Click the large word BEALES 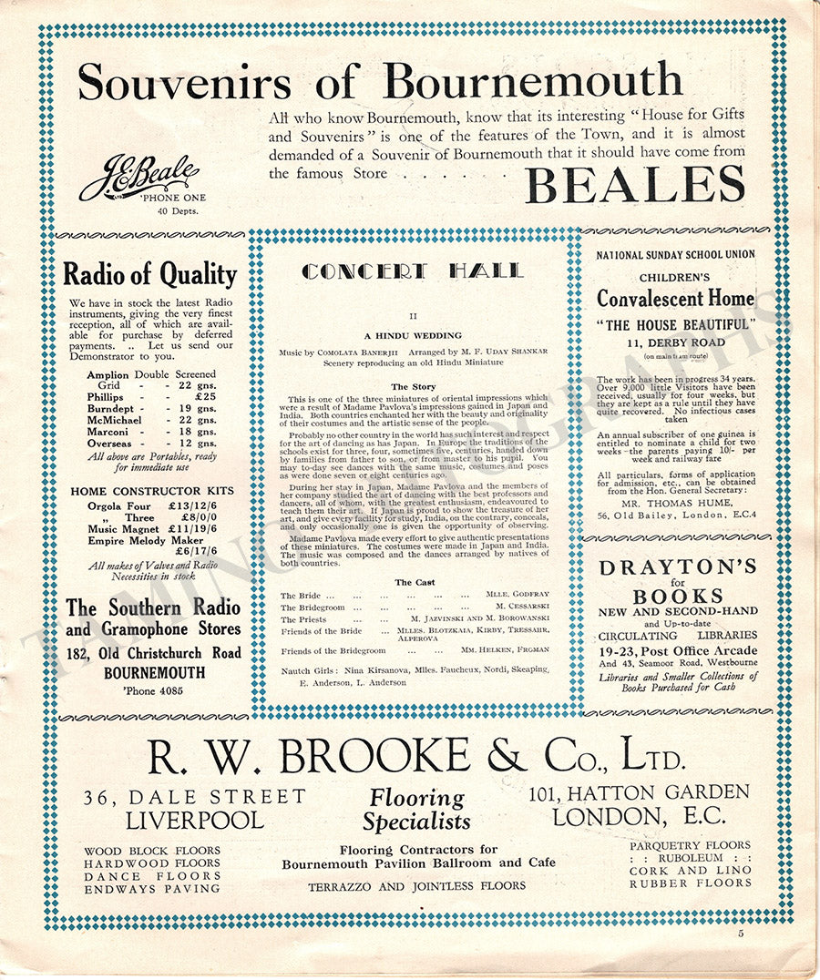tap(635, 184)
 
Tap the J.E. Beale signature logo tap(139, 177)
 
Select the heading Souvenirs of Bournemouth tap(379, 82)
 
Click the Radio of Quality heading tap(149, 274)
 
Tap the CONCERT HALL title tap(413, 271)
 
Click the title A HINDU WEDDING tap(413, 335)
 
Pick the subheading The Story tap(413, 387)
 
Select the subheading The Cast tap(415, 582)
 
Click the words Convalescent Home tap(675, 299)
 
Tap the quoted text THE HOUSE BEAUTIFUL tap(676, 325)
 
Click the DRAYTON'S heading tap(677, 567)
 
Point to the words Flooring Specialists tap(416, 810)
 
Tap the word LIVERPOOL tap(195, 819)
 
